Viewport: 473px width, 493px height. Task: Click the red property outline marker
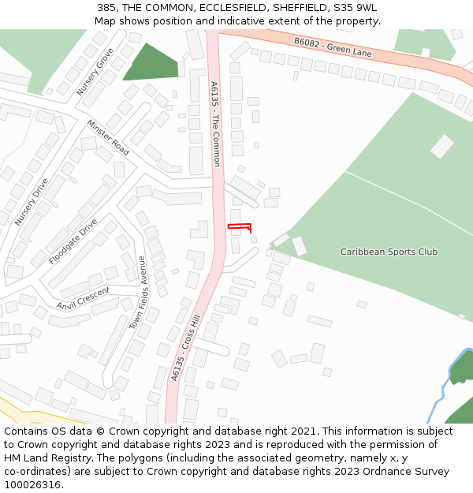[x=239, y=227]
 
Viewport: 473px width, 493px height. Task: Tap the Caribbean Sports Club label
[x=389, y=252]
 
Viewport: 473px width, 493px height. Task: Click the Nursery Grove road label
[x=95, y=72]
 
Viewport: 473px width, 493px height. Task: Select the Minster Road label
[x=108, y=137]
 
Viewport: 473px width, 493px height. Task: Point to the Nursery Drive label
[x=32, y=202]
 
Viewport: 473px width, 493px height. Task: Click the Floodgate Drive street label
[x=73, y=241]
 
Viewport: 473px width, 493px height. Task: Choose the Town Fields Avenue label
[x=138, y=293]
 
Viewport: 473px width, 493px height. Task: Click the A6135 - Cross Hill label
[x=186, y=348]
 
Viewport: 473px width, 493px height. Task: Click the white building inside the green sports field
[x=441, y=146]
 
